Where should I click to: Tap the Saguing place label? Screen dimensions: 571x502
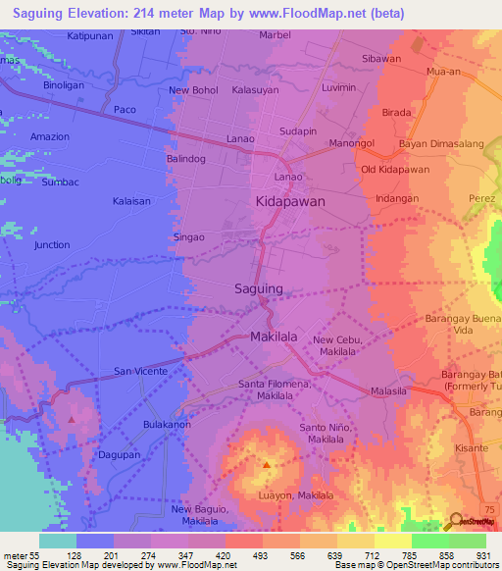tap(259, 288)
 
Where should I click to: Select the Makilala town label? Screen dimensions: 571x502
tap(274, 336)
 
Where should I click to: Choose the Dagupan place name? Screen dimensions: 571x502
tap(119, 455)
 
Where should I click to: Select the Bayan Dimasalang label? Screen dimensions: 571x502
tap(441, 144)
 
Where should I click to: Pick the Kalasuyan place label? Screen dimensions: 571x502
tap(257, 89)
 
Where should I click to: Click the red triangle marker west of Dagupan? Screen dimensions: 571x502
tap(73, 419)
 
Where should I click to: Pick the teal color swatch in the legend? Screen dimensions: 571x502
tap(57, 541)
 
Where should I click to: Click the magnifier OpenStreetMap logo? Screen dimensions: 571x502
tap(456, 520)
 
